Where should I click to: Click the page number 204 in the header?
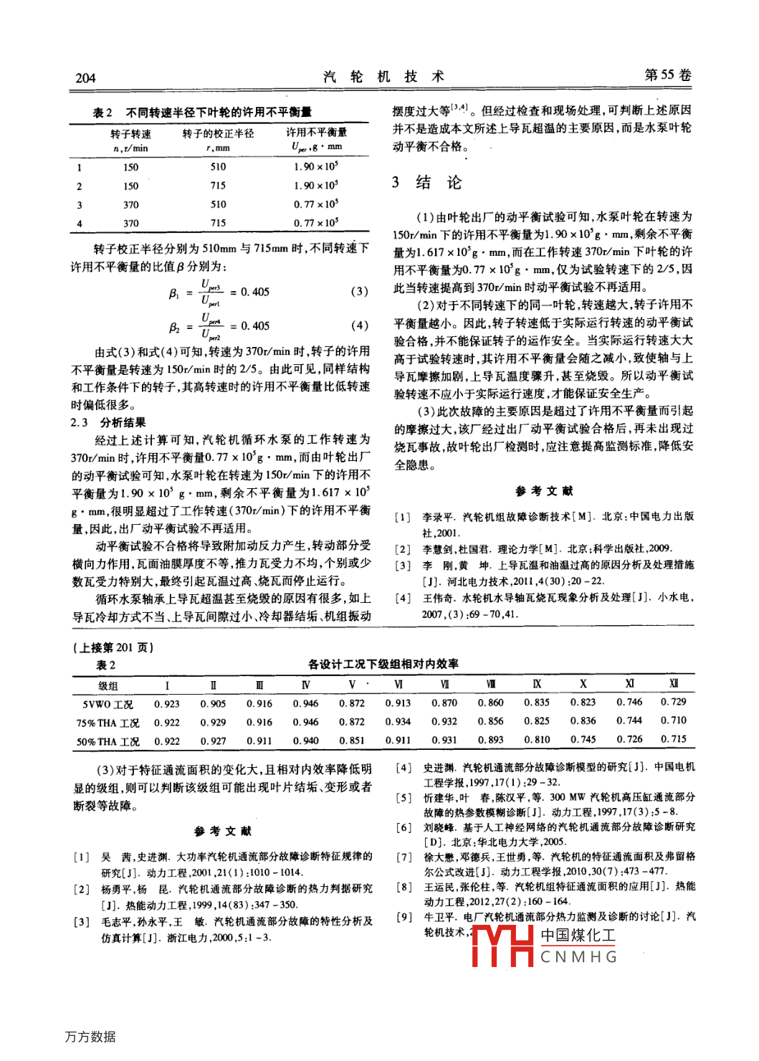pyautogui.click(x=85, y=78)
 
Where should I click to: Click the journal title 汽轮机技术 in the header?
pyautogui.click(x=383, y=77)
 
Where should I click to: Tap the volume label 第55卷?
pyautogui.click(x=668, y=75)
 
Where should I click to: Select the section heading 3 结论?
pyautogui.click(x=426, y=183)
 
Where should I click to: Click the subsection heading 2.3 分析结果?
pyautogui.click(x=108, y=422)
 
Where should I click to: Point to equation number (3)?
pyautogui.click(x=359, y=292)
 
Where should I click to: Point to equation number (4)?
pyautogui.click(x=359, y=325)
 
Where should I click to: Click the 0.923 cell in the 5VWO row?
pyautogui.click(x=167, y=704)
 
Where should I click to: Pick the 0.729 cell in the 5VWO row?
pyautogui.click(x=673, y=702)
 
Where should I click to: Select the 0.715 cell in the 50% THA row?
pyautogui.click(x=673, y=739)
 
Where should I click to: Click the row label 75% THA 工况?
pyautogui.click(x=108, y=723)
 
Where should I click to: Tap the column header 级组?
pyautogui.click(x=108, y=686)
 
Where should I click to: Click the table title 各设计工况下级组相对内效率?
pyautogui.click(x=383, y=665)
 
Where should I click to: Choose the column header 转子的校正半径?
pyautogui.click(x=218, y=133)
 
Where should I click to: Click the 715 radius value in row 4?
pyautogui.click(x=218, y=223)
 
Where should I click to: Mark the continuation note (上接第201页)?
pyautogui.click(x=113, y=647)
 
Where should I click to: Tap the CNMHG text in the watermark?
pyautogui.click(x=578, y=957)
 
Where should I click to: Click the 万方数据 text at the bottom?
pyautogui.click(x=90, y=1037)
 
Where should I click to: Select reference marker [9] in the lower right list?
pyautogui.click(x=404, y=917)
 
